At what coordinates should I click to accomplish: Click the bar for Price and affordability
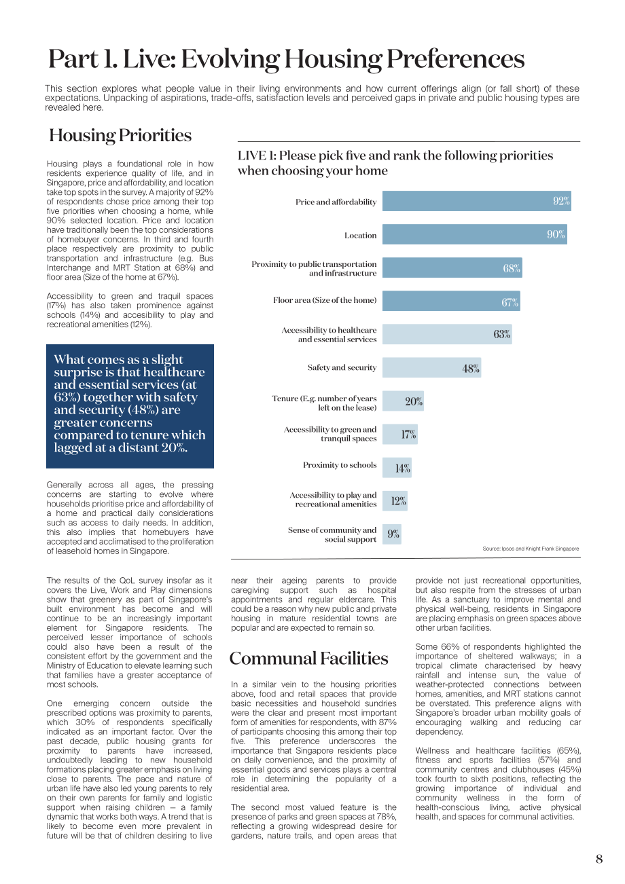476,201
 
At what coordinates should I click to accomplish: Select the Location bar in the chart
475,234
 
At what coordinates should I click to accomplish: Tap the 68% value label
512,268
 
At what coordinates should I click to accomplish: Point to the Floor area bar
451,301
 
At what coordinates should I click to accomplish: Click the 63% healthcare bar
447,334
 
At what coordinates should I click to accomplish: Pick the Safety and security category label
342,367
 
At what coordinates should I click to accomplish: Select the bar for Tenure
403,401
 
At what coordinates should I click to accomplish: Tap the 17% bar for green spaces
400,434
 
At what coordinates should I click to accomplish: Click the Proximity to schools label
340,465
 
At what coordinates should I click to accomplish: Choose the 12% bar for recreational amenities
395,501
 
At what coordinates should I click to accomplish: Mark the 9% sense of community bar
392,534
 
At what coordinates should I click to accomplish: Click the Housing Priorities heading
120,135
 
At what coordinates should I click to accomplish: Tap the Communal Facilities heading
308,659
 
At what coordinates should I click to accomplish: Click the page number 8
599,859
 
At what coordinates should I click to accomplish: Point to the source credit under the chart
531,549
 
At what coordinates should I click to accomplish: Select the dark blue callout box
130,406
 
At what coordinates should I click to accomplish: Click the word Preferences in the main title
456,59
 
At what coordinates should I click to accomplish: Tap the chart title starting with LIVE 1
395,163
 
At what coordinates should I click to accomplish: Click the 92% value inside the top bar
561,201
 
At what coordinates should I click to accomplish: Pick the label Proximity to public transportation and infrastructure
314,268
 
